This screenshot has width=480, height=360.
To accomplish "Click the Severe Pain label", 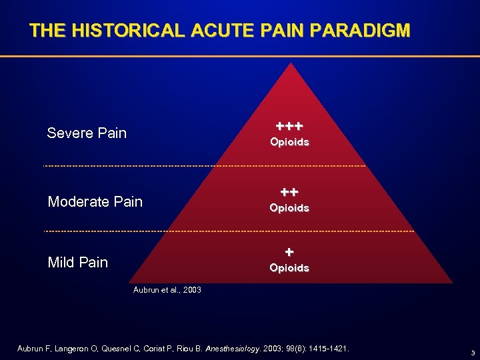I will click(87, 133).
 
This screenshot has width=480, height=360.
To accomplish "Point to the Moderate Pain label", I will click(95, 201).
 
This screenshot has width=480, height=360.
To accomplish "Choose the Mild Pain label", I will click(78, 262).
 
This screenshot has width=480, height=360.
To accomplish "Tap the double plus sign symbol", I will click(289, 192).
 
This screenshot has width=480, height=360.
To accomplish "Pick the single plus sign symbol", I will click(289, 252).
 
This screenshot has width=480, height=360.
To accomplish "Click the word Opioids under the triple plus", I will click(289, 142).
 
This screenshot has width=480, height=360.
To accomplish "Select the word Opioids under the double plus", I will click(289, 208).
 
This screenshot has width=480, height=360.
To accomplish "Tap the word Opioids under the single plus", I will click(289, 268).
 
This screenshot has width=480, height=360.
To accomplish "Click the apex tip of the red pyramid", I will click(289, 63).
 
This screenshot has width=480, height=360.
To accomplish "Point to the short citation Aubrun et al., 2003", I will click(167, 290).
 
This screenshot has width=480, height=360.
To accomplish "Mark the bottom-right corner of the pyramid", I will click(452, 283).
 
